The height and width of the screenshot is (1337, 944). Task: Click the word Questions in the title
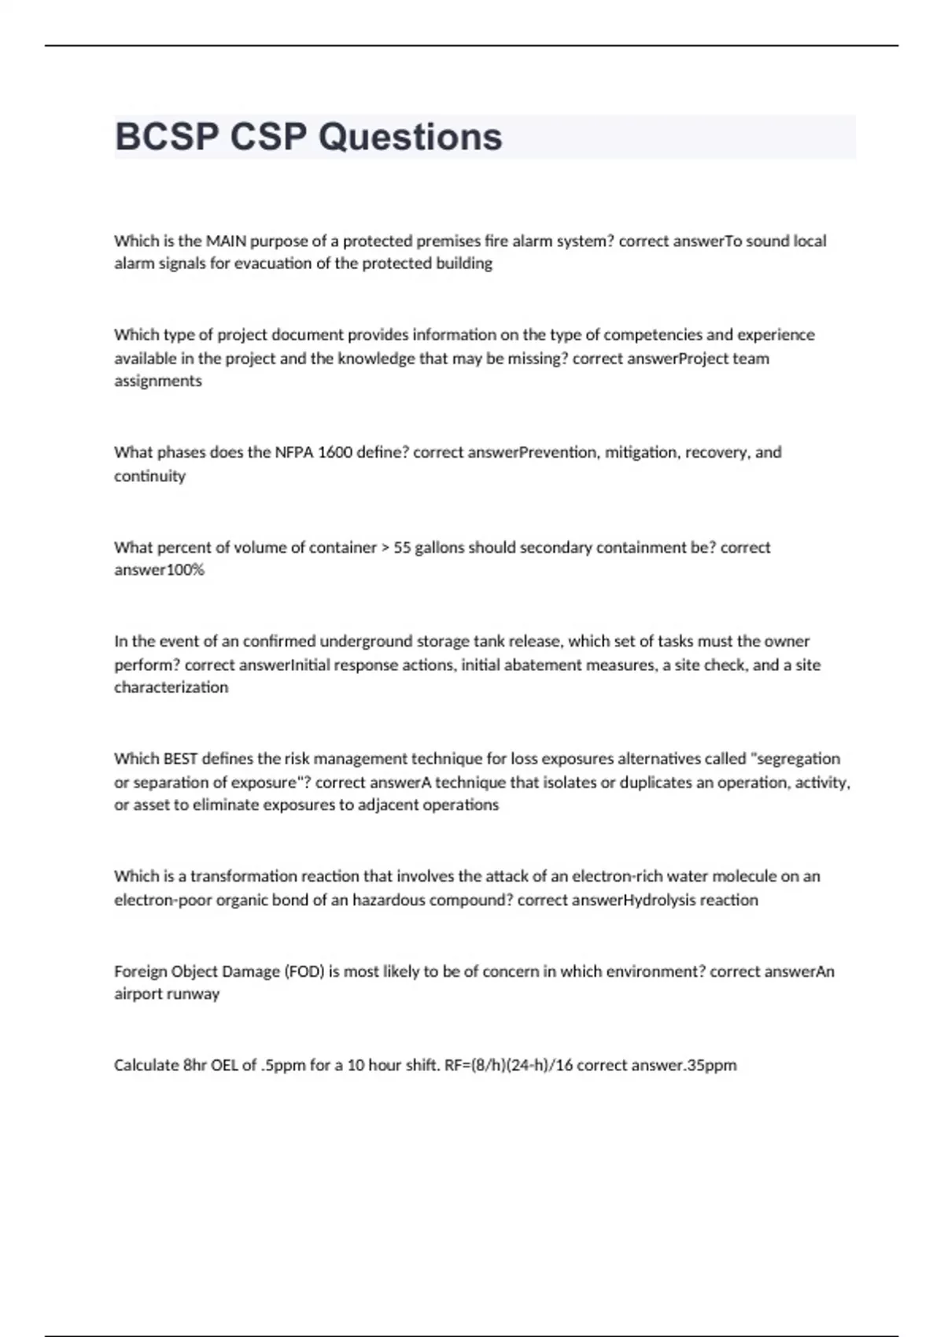point(410,137)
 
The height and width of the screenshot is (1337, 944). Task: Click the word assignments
point(157,381)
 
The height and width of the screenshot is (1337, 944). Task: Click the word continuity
point(149,476)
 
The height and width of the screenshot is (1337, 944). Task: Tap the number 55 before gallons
point(402,547)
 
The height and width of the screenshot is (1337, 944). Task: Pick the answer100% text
point(159,570)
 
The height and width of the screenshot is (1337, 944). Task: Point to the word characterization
point(171,687)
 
